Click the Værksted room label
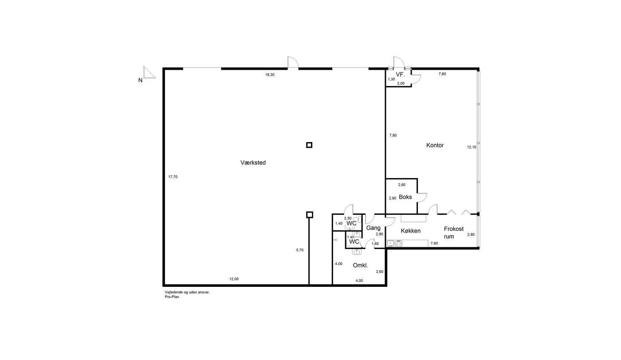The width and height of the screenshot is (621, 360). tap(253, 162)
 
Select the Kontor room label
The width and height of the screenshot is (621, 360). tap(435, 145)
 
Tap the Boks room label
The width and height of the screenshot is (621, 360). tap(405, 197)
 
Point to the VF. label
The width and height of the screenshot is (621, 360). tap(400, 74)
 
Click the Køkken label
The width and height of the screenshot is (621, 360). tap(411, 231)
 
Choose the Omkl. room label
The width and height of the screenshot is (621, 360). tap(360, 265)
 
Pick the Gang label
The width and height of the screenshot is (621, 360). tap(373, 228)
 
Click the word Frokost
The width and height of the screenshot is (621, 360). tap(454, 229)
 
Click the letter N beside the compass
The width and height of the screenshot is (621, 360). tap(140, 80)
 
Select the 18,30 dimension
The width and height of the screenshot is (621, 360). tap(270, 75)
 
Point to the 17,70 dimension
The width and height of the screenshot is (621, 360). tap(173, 177)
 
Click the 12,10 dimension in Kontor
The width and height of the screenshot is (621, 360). tap(472, 147)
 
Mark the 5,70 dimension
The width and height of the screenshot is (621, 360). tap(300, 250)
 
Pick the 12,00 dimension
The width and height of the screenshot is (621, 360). tap(234, 279)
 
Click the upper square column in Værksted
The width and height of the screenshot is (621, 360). tap(309, 145)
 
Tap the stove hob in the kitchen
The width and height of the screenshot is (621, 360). tap(399, 244)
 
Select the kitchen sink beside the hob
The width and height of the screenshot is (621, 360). tap(390, 244)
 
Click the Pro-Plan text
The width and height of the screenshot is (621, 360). tap(172, 297)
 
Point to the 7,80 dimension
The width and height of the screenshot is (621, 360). tap(393, 135)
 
